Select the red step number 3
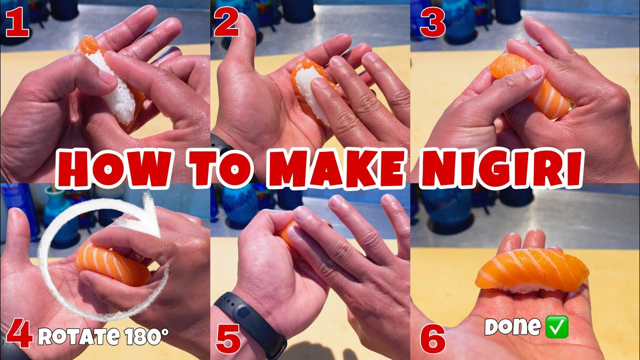[433, 24]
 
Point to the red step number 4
[19, 336]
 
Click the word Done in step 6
[512, 327]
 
